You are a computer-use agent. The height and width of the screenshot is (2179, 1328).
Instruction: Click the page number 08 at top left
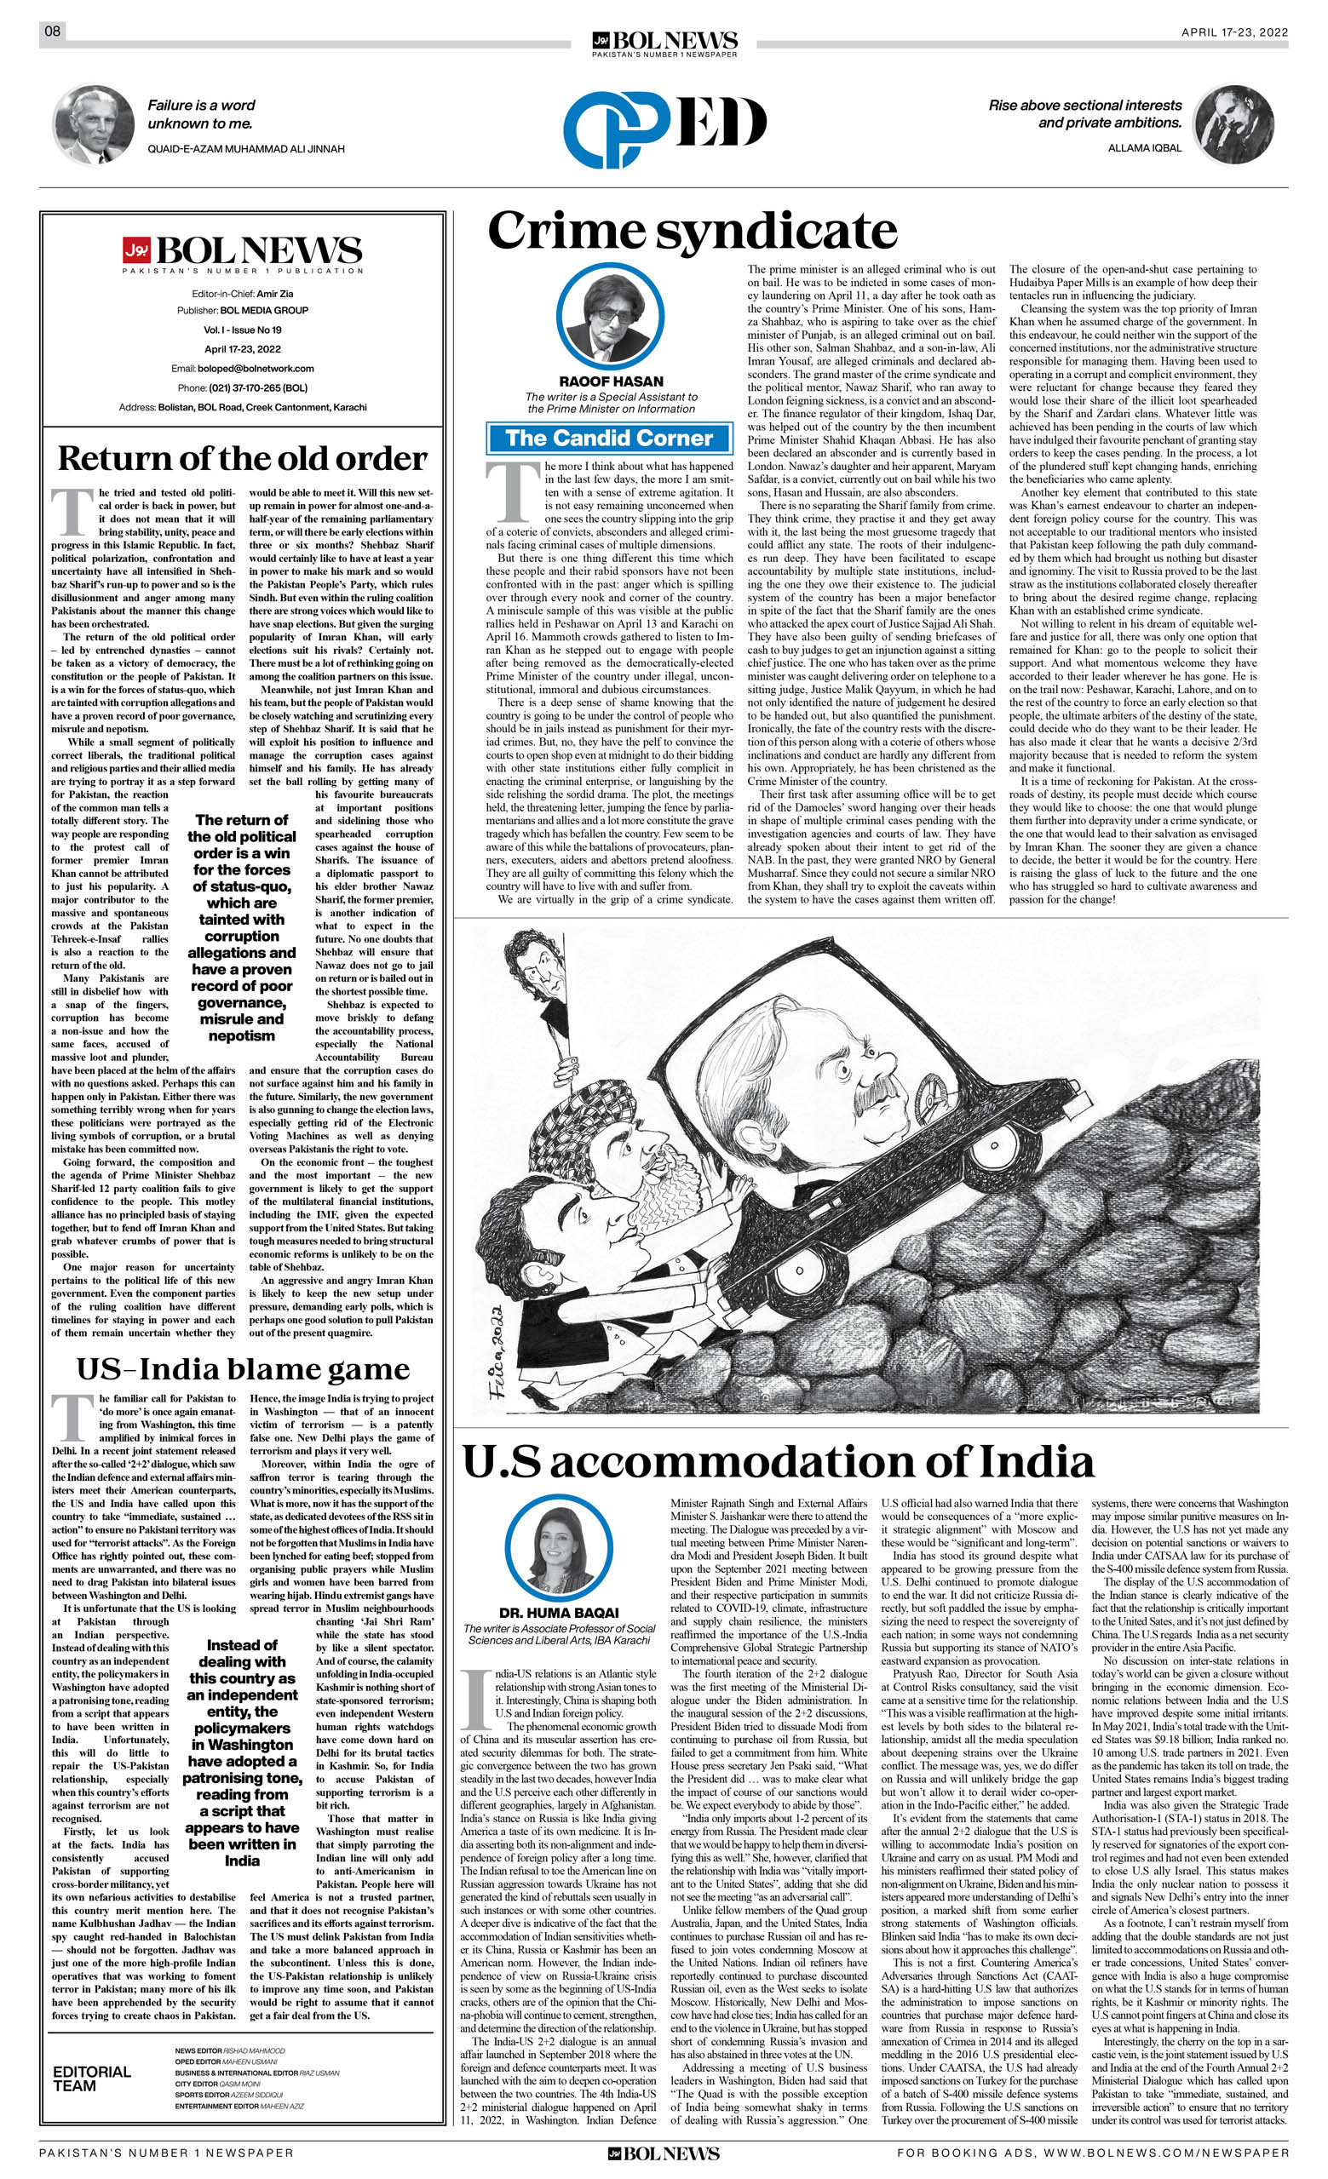pos(52,32)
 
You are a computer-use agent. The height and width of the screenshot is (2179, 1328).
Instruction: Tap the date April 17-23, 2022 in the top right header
pos(1234,32)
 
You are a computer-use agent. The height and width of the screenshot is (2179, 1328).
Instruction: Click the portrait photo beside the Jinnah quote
pos(93,124)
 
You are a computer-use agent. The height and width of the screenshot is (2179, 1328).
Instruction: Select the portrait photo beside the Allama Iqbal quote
pos(1233,124)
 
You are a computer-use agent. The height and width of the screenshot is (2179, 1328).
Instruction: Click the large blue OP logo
pos(617,129)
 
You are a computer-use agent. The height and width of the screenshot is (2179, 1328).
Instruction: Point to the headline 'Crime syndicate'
pos(692,232)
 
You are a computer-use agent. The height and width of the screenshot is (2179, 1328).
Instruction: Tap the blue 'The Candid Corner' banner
pos(610,439)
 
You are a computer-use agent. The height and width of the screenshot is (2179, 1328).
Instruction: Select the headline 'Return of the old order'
pos(242,459)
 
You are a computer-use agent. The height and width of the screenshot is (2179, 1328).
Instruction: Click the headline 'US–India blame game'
pos(243,1369)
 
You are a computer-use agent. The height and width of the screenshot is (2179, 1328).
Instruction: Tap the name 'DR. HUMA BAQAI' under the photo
pos(559,1612)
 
